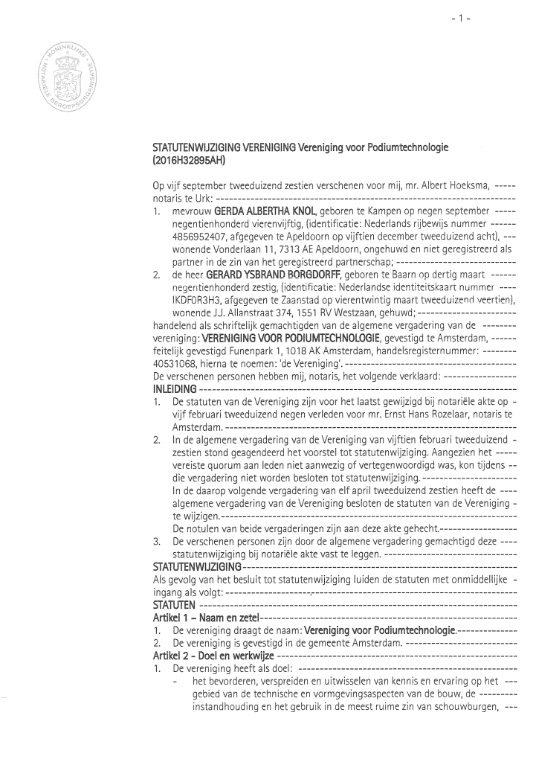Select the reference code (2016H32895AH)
click(188, 159)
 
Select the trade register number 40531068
click(175, 362)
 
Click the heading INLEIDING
click(175, 388)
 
